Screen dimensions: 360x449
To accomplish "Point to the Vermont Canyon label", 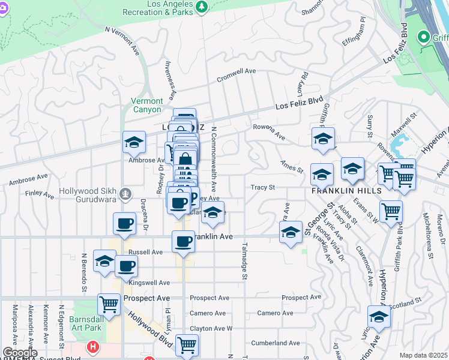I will point(147,106).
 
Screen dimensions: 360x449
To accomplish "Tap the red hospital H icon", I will point(92,347).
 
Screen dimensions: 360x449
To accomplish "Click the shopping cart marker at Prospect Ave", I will point(108,304).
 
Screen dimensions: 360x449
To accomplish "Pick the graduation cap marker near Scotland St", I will point(379,317).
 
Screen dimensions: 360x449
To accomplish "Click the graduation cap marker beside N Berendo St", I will point(104,261).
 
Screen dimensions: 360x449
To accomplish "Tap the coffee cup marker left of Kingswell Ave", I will point(126,266).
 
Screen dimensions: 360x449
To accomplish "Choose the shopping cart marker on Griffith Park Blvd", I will point(391,211).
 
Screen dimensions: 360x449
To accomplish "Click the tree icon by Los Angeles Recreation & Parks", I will point(203,7).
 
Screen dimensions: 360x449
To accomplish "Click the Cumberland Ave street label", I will point(276,343).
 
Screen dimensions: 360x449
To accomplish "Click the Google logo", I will point(19,353).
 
